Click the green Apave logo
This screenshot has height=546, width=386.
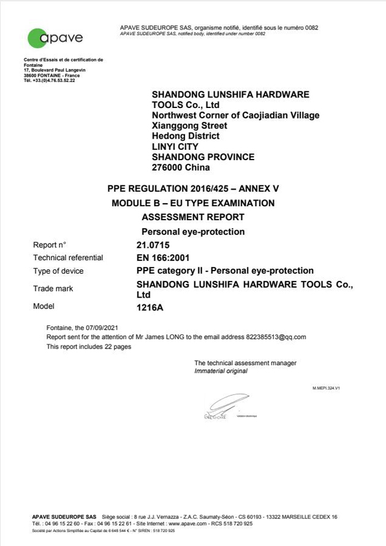tap(55, 37)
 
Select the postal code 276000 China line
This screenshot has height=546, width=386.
tap(181, 167)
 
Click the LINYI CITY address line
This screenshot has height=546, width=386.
tap(176, 147)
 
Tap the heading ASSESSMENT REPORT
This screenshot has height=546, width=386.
tap(193, 217)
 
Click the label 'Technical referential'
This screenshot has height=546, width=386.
tap(68, 258)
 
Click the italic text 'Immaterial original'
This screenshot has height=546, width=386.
tap(221, 371)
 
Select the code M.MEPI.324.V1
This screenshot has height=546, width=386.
tap(326, 389)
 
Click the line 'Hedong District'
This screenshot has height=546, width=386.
tap(186, 136)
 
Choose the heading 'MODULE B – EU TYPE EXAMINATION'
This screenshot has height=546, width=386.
tap(193, 203)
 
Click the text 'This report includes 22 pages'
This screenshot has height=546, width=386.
tap(89, 346)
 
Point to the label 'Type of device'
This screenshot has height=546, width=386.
tap(58, 271)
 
